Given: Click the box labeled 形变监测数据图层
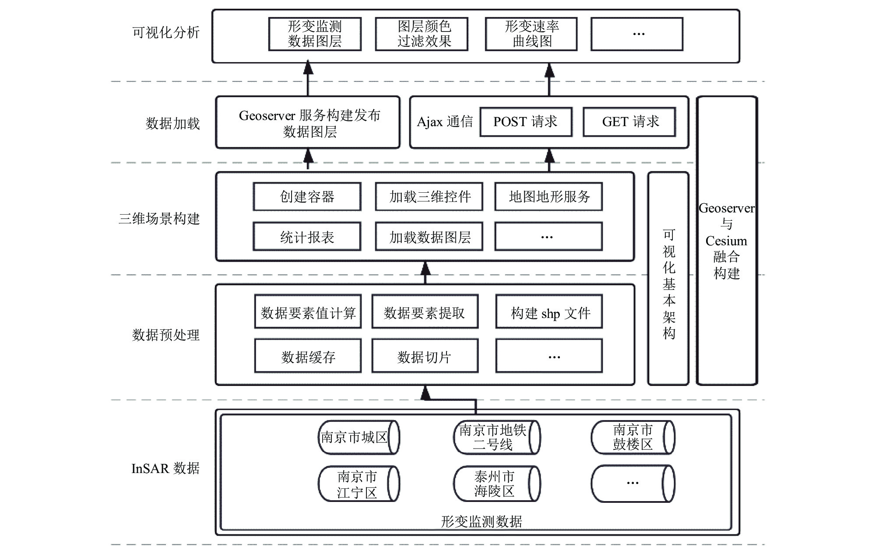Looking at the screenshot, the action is click(x=315, y=34).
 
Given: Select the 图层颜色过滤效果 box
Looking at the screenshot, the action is click(x=422, y=34).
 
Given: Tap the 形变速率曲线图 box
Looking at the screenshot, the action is click(x=531, y=34).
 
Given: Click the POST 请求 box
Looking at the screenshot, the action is click(x=526, y=122).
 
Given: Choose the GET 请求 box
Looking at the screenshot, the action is click(x=629, y=122).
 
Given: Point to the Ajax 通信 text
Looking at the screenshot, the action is click(x=445, y=122).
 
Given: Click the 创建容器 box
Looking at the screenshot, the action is click(x=307, y=197).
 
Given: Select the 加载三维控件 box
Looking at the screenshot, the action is click(x=429, y=197).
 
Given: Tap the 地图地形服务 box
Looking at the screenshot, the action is click(x=549, y=197).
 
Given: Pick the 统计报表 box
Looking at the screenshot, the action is click(x=307, y=237).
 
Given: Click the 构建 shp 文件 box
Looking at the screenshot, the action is click(x=549, y=312).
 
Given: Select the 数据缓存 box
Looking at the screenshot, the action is click(x=308, y=356).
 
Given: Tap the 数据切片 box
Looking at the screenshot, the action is click(x=425, y=356).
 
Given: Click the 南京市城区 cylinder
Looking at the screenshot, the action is click(x=359, y=437).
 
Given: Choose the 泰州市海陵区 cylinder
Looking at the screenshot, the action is click(x=497, y=484).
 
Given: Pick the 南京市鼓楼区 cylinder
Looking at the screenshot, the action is click(x=633, y=437).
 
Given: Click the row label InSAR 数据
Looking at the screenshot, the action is click(x=165, y=469).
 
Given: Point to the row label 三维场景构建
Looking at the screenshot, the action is click(x=159, y=219).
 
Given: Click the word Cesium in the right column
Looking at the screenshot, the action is click(x=726, y=241).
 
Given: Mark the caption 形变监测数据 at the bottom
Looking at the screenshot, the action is click(x=482, y=521).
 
